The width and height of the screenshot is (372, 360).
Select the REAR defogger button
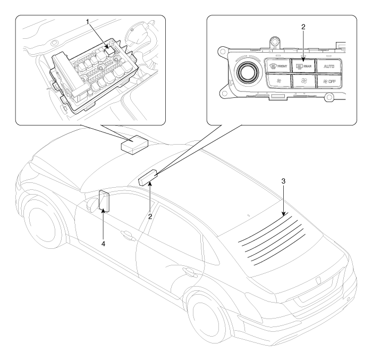[x=304, y=68]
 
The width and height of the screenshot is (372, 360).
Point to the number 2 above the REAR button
[x=303, y=26]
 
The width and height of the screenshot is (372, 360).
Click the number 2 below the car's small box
[x=150, y=216]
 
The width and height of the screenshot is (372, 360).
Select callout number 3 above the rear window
[x=284, y=181]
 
